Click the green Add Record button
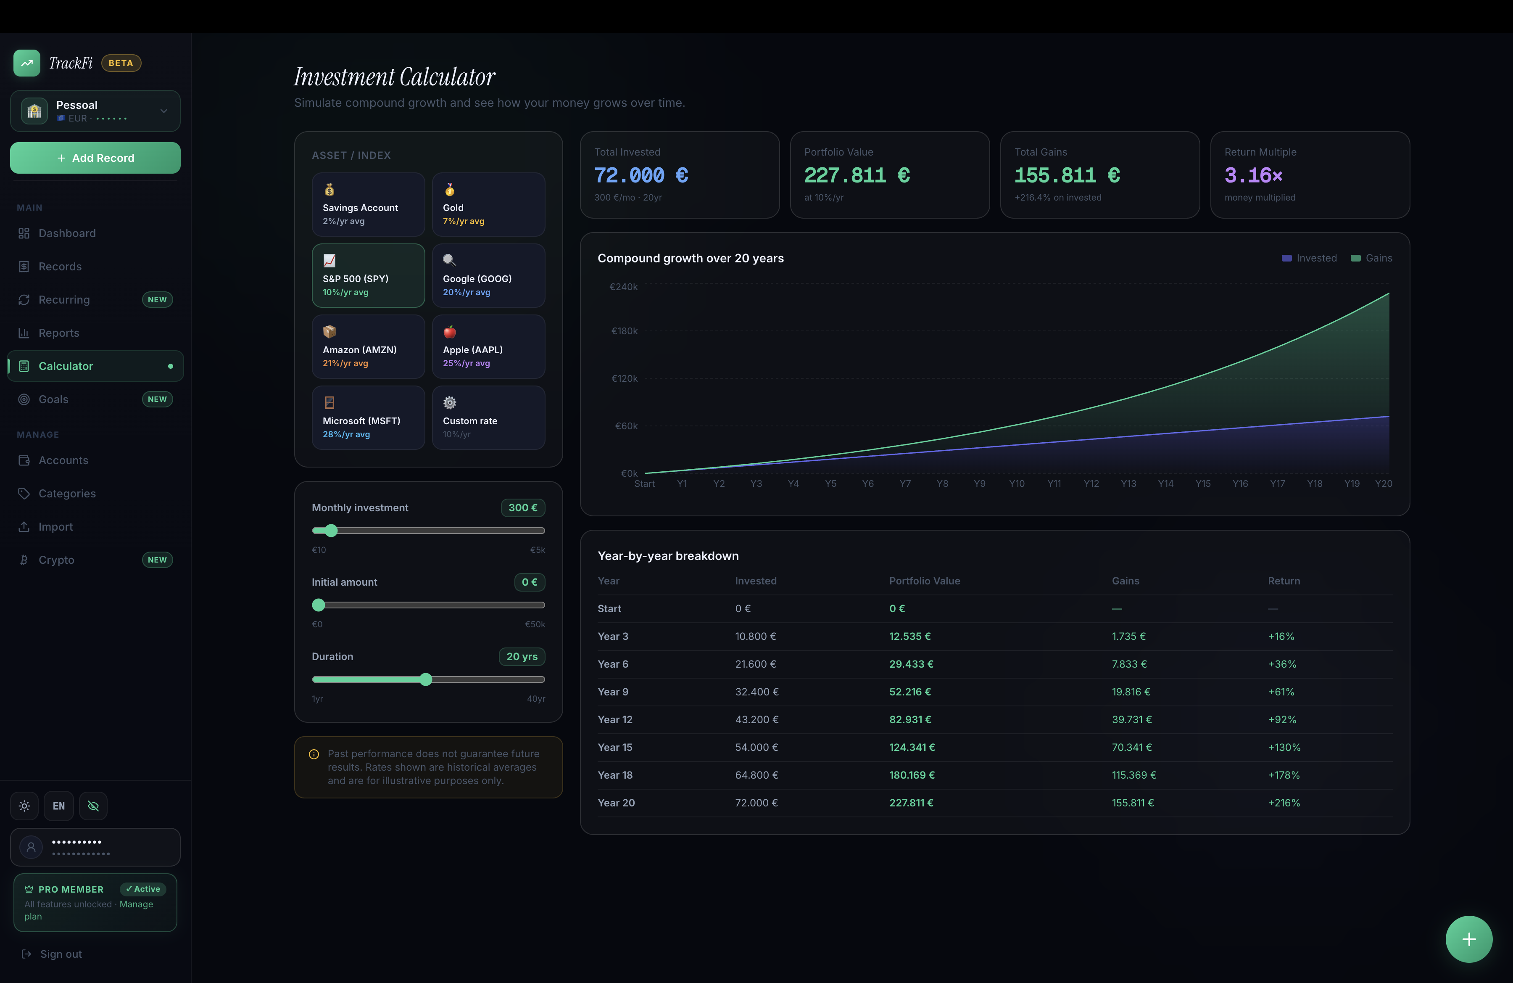[95, 158]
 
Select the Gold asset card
[488, 205]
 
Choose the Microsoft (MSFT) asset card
[368, 418]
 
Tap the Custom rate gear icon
[449, 402]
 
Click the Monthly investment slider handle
[331, 530]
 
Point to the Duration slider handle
[426, 679]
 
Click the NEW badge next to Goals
[157, 399]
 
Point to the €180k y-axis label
[624, 330]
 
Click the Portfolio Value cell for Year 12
[910, 719]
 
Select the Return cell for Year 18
[1284, 775]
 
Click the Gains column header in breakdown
[1125, 581]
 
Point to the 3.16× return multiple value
[1253, 175]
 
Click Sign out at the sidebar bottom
[61, 954]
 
